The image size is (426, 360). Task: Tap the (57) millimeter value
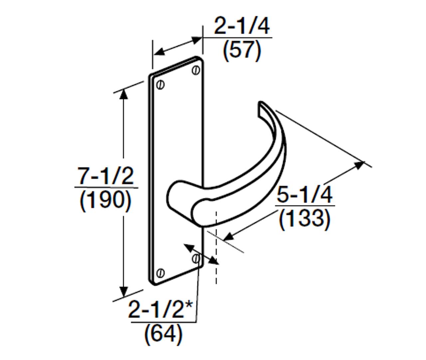(242, 51)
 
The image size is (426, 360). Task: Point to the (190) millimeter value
(106, 201)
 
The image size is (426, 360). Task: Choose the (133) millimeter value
(305, 219)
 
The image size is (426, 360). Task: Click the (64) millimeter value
(163, 334)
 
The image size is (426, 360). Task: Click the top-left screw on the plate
(161, 85)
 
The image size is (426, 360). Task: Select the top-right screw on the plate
(196, 70)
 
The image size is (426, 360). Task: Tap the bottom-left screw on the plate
(160, 273)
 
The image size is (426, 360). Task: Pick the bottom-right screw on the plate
(196, 258)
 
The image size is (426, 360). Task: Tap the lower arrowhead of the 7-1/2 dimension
(124, 291)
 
